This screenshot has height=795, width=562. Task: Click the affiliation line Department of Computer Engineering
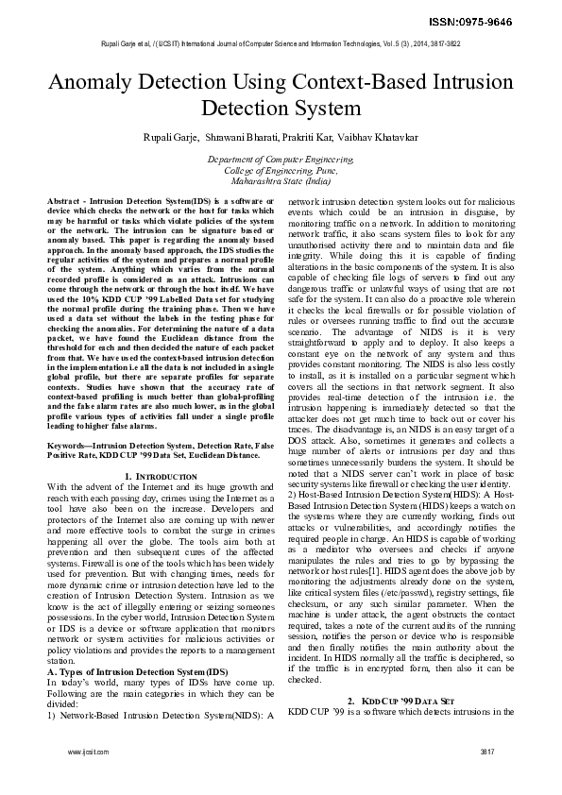click(281, 161)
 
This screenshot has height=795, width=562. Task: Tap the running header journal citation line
click(281, 44)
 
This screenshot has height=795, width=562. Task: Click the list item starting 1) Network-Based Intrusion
click(151, 714)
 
